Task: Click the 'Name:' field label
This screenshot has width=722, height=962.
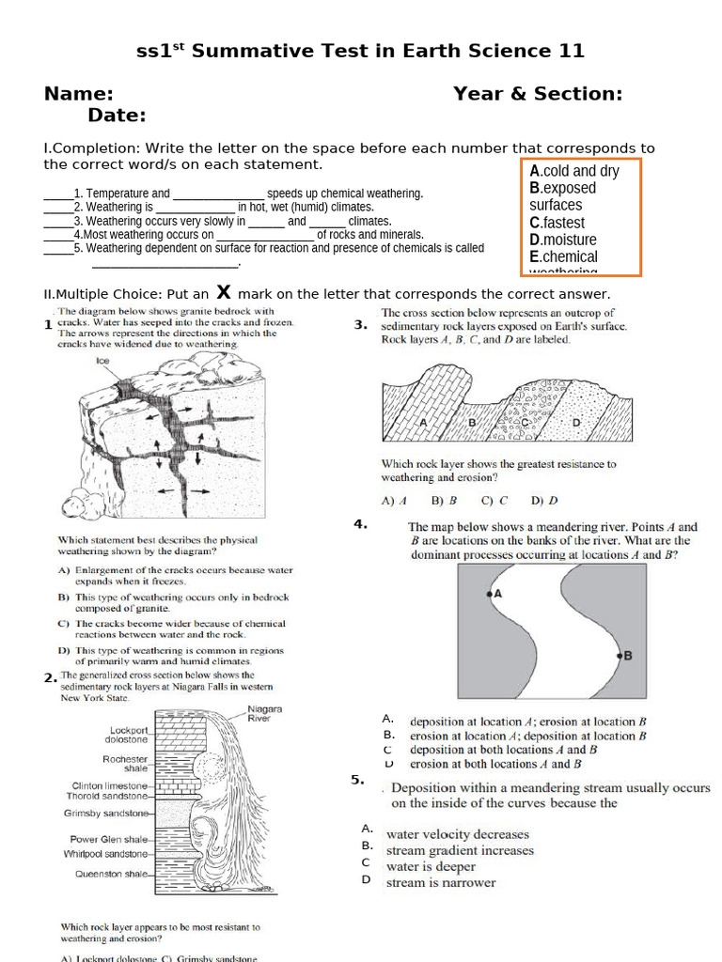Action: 79,94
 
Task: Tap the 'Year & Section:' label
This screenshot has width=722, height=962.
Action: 538,94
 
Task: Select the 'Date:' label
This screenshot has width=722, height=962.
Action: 117,116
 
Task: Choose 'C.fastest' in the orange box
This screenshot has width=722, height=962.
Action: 557,223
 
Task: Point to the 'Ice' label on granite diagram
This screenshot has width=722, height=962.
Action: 103,361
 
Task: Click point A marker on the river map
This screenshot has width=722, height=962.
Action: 489,594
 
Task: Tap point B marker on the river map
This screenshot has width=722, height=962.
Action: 620,656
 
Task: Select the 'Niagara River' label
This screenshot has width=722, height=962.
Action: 264,713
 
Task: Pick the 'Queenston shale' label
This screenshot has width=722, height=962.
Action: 110,874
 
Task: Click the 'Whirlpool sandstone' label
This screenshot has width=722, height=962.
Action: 105,854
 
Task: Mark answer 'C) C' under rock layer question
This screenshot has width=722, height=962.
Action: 494,502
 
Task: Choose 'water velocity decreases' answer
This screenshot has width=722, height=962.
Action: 457,834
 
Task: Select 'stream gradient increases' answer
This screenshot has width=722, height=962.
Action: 460,850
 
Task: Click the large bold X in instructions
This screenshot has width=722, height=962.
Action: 224,292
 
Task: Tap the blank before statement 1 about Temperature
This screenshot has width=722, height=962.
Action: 57,194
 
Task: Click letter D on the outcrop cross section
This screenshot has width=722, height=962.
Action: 576,424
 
